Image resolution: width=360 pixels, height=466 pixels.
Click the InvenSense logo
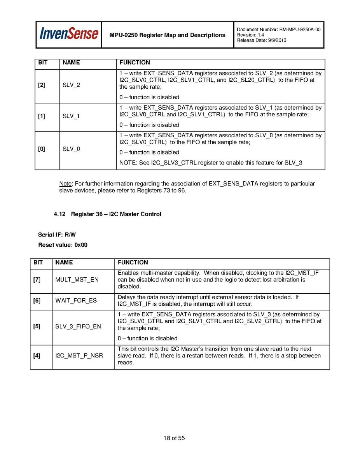(x=68, y=34)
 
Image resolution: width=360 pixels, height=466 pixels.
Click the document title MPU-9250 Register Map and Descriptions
(x=167, y=35)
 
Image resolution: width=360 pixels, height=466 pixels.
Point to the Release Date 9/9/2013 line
(x=261, y=40)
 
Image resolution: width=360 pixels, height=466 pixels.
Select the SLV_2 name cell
(x=71, y=85)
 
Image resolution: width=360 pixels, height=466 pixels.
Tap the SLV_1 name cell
(x=71, y=116)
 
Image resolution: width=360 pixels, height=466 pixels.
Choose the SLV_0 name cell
(x=71, y=149)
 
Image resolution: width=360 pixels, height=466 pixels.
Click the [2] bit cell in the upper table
(x=41, y=85)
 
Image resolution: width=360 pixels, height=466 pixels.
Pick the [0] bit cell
(x=41, y=149)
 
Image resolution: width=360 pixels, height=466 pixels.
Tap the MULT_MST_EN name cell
(x=77, y=280)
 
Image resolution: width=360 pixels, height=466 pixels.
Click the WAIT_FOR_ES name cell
(x=76, y=301)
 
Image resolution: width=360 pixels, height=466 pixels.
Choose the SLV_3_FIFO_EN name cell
(x=78, y=326)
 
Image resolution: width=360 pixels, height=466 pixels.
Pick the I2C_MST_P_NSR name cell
(x=79, y=356)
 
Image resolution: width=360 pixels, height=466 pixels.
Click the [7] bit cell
(x=37, y=280)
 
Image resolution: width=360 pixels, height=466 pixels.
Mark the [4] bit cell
(x=37, y=356)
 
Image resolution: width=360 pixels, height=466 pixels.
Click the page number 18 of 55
(x=174, y=438)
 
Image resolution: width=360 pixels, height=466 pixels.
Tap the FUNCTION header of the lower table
(x=133, y=263)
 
